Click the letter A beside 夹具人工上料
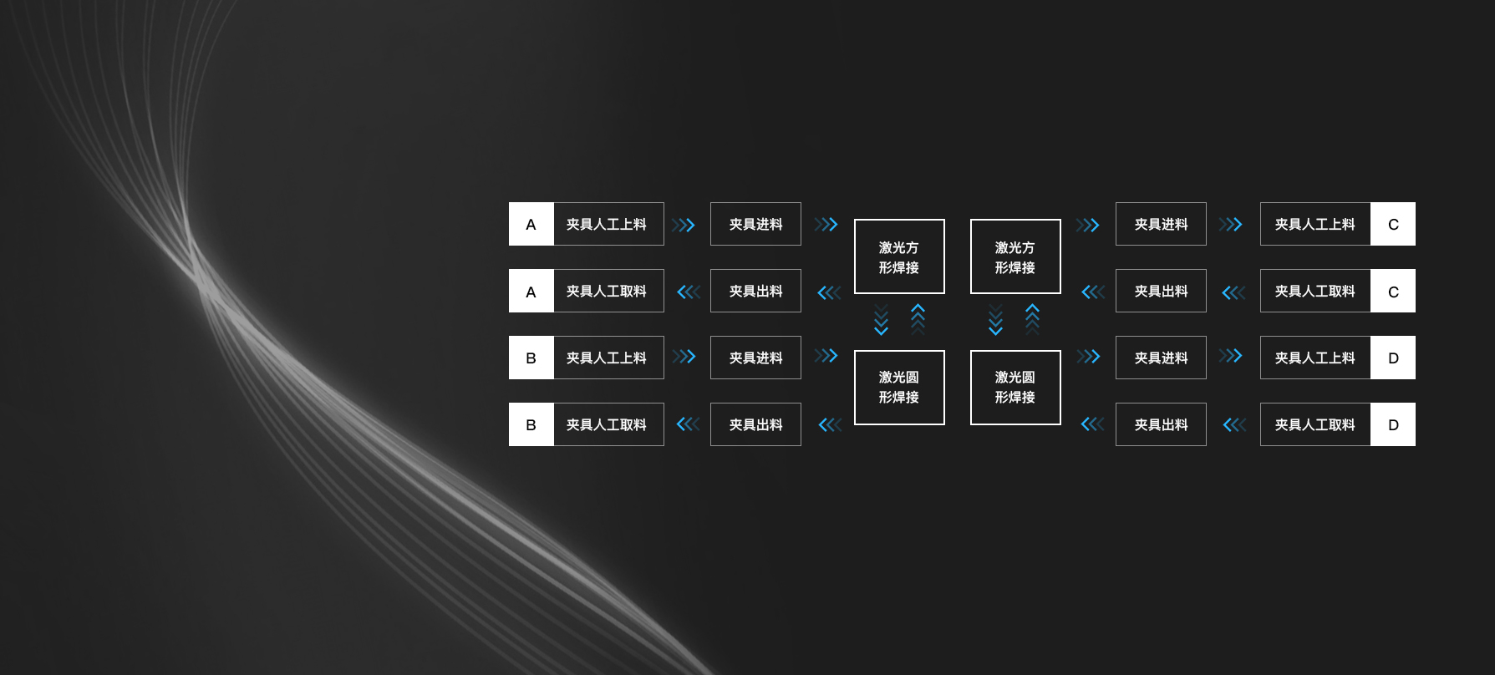point(531,224)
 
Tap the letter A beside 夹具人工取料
point(531,292)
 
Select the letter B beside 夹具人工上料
point(531,358)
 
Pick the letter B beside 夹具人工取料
point(531,424)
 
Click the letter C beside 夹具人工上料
point(1393,224)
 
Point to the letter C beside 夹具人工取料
point(1393,292)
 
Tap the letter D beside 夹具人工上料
point(1393,358)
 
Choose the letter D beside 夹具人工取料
point(1393,424)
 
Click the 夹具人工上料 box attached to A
point(608,224)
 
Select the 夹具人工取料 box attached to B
point(608,424)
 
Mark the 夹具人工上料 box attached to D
point(1314,358)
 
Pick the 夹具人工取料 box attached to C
point(1314,291)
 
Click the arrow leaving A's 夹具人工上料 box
point(684,225)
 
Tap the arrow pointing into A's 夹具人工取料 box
point(689,292)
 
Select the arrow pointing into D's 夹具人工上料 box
point(1230,356)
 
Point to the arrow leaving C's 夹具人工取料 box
point(1233,292)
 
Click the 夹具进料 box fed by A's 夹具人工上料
point(755,224)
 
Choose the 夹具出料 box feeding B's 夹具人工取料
point(755,424)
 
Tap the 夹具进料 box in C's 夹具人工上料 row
point(1161,224)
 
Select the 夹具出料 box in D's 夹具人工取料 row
point(1161,424)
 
